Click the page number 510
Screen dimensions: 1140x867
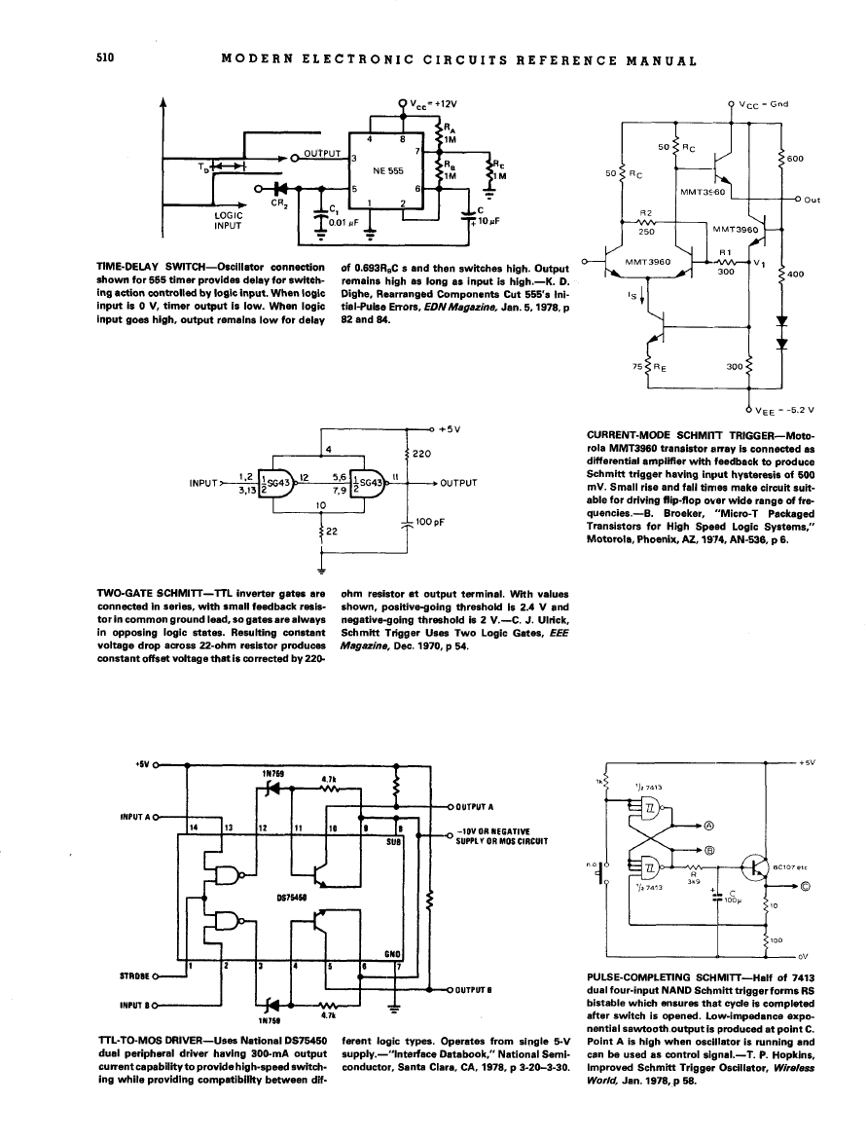tap(106, 57)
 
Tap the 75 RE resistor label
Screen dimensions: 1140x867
tap(644, 367)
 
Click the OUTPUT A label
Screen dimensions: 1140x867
tap(477, 807)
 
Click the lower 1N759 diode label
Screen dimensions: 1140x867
tap(268, 1021)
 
